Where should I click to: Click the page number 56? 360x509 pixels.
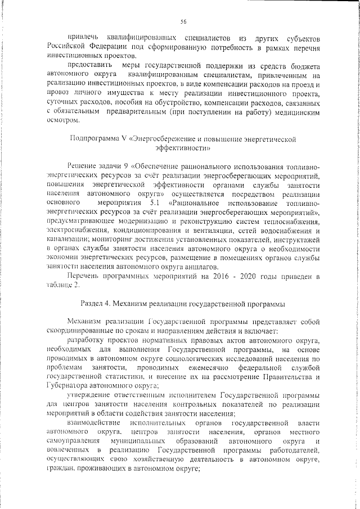click(183, 22)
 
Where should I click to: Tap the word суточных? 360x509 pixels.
click(62, 110)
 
